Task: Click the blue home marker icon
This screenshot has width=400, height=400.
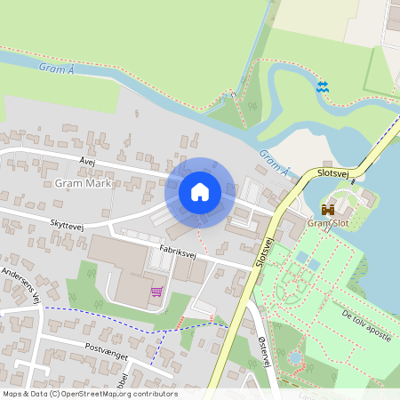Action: coord(200,191)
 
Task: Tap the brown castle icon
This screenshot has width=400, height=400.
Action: coord(328,209)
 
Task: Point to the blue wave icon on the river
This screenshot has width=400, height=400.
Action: coord(322,86)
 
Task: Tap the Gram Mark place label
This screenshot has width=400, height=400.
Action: coord(83,184)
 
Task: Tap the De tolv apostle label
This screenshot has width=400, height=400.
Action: coord(366,324)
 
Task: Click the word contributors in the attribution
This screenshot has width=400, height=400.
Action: coord(153,394)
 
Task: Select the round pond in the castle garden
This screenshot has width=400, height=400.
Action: coord(294,357)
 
